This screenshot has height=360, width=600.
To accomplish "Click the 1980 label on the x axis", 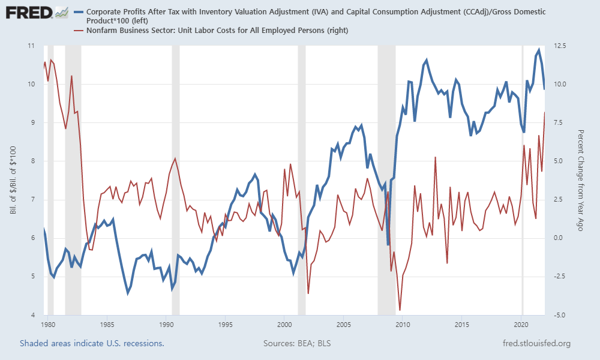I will (48, 325).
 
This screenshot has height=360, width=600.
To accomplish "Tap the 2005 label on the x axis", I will (343, 325).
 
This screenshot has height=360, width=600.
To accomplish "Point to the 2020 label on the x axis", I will (521, 325).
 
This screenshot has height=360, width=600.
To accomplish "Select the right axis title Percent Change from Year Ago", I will (580, 180).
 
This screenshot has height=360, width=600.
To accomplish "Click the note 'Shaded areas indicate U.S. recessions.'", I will (92, 344).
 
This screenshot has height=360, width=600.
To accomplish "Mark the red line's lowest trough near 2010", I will (400, 310).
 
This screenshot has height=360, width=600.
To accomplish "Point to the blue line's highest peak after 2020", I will (539, 50).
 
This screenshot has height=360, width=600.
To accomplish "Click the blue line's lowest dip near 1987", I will (128, 293).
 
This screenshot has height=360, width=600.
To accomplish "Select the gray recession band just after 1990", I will (175, 180).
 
